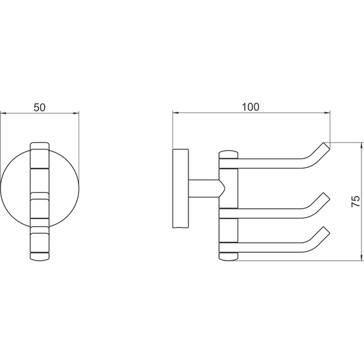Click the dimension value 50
(x=40, y=107)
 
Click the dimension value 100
(x=250, y=107)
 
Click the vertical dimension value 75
(x=355, y=201)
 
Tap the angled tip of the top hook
(x=326, y=146)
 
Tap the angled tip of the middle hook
(x=326, y=197)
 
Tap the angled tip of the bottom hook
(x=326, y=231)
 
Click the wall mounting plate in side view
(x=181, y=188)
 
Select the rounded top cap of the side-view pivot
(x=229, y=155)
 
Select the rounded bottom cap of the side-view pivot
(x=229, y=256)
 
